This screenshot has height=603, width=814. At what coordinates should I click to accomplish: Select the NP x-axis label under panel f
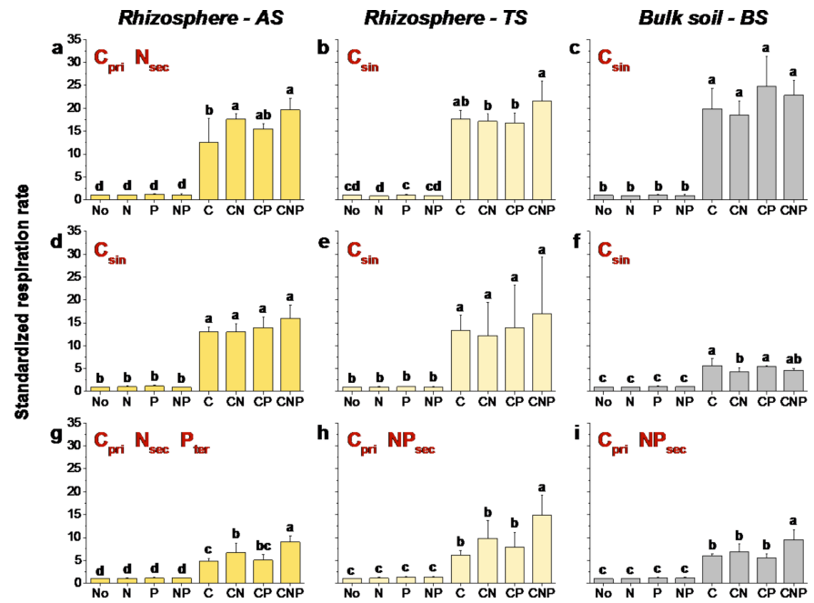686,400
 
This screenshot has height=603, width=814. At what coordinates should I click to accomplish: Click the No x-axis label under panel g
99,591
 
